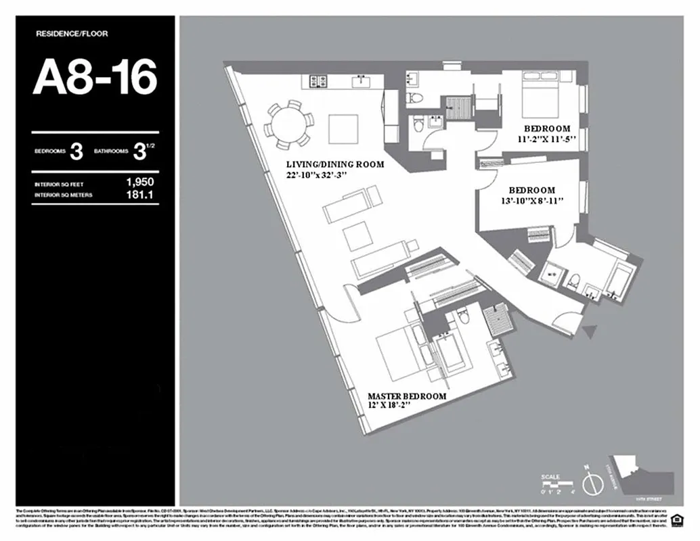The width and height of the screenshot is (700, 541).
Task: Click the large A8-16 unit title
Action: (x=95, y=78)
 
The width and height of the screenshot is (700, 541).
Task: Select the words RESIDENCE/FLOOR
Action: (x=71, y=33)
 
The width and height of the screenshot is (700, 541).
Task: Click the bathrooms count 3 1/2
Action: (x=140, y=151)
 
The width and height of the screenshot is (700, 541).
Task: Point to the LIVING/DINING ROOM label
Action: (x=334, y=164)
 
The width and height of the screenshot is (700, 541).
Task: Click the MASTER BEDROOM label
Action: (x=407, y=396)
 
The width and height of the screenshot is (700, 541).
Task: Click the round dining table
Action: (x=289, y=123)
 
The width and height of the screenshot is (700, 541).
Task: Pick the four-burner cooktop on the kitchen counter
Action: (x=319, y=82)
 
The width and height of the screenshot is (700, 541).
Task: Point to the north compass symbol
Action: (x=593, y=484)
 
